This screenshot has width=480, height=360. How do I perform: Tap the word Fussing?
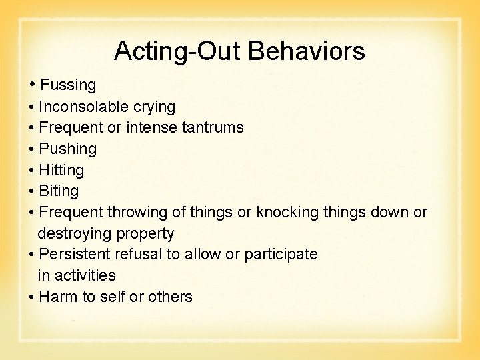tap(68, 85)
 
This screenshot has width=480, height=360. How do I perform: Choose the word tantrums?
tap(212, 127)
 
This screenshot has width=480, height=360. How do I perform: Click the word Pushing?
tap(68, 149)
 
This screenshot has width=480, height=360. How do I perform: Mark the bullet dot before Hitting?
tap(32, 170)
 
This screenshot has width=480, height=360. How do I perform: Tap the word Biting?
tap(59, 191)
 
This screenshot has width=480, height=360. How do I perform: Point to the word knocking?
tap(285, 212)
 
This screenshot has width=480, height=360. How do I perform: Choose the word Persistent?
tap(75, 254)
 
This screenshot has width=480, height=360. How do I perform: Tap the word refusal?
tap(138, 254)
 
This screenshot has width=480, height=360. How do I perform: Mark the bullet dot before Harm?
tap(32, 297)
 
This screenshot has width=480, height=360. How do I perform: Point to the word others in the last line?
tap(170, 297)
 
